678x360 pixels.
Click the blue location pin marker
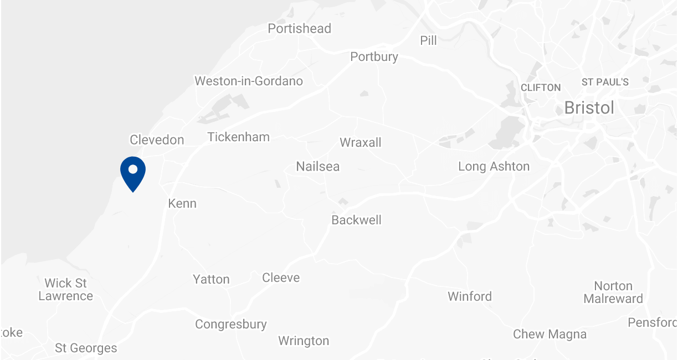[x=133, y=172]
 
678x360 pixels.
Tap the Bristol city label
[x=589, y=108]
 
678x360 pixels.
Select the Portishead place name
[x=299, y=29]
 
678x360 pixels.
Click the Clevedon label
[x=157, y=140]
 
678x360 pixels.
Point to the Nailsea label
[x=317, y=167]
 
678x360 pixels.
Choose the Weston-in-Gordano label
[x=249, y=81]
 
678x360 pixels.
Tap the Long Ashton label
[x=494, y=167]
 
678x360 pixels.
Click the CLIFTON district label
[x=541, y=88]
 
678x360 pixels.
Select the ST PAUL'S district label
[x=605, y=82]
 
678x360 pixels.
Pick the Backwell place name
[x=356, y=220]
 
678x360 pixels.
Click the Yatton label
[x=211, y=280]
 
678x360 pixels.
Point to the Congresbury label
[x=230, y=325]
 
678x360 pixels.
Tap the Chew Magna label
[x=549, y=335]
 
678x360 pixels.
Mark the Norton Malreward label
[x=613, y=292]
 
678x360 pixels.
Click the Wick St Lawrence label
[x=65, y=290]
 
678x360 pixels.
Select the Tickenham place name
[x=238, y=137]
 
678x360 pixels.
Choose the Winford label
[x=470, y=297]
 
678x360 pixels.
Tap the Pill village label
[x=428, y=41]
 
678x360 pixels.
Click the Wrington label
[x=304, y=341]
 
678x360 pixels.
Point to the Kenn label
[x=182, y=204]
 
